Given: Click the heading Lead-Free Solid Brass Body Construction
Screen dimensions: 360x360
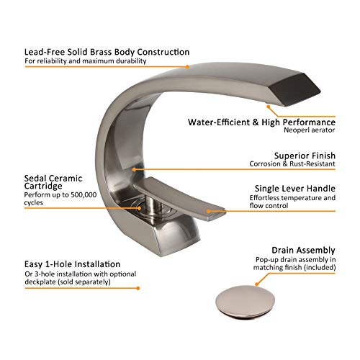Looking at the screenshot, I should [x=107, y=53].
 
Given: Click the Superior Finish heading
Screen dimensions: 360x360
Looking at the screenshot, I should [x=301, y=156].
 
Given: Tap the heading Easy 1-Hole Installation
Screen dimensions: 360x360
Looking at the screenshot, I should [x=72, y=264].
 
